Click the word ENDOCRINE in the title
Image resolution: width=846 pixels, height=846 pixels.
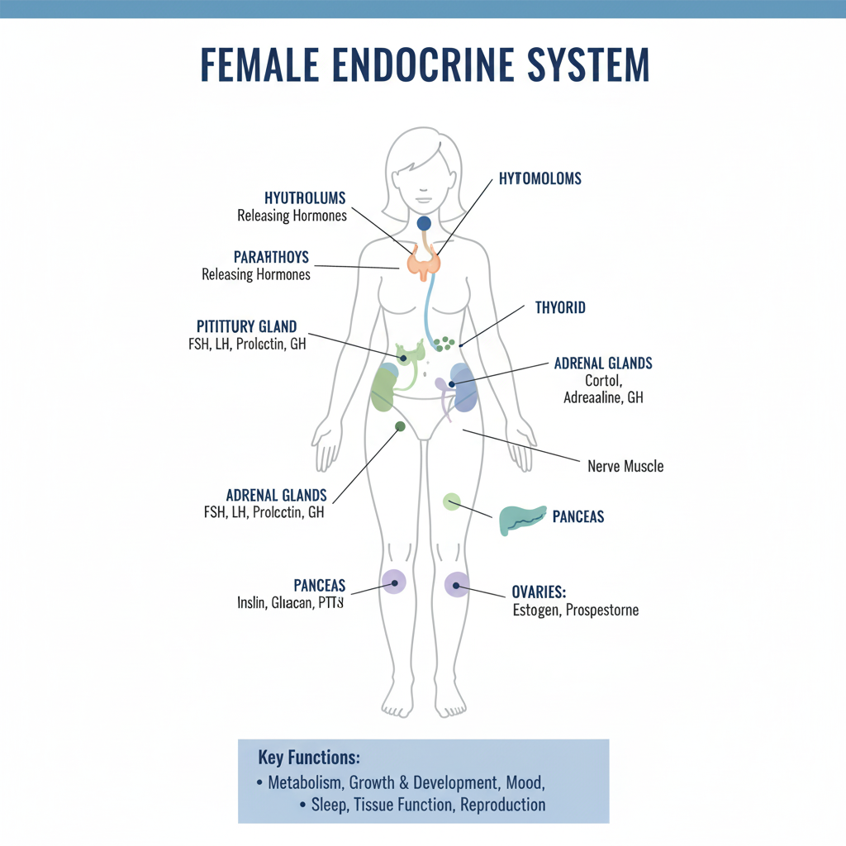[423, 64]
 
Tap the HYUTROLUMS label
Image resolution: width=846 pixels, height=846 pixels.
[305, 198]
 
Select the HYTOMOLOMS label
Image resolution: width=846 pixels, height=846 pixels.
[540, 178]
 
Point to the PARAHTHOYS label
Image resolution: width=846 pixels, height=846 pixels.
[271, 257]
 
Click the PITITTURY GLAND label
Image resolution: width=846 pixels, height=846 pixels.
[247, 326]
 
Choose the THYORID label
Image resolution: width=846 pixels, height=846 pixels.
[560, 307]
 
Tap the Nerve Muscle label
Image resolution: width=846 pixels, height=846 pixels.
[625, 466]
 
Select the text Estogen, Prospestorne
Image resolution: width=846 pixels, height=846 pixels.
[575, 611]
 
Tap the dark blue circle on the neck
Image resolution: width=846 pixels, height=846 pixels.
[424, 223]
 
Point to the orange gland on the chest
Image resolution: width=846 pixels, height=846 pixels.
[424, 263]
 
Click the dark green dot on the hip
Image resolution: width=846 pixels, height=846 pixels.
[400, 426]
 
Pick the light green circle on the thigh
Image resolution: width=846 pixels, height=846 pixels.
[451, 501]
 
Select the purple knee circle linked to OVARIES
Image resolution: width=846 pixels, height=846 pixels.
[456, 584]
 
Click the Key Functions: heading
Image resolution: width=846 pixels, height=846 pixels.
[309, 758]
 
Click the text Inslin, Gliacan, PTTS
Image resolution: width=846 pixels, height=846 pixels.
[290, 603]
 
